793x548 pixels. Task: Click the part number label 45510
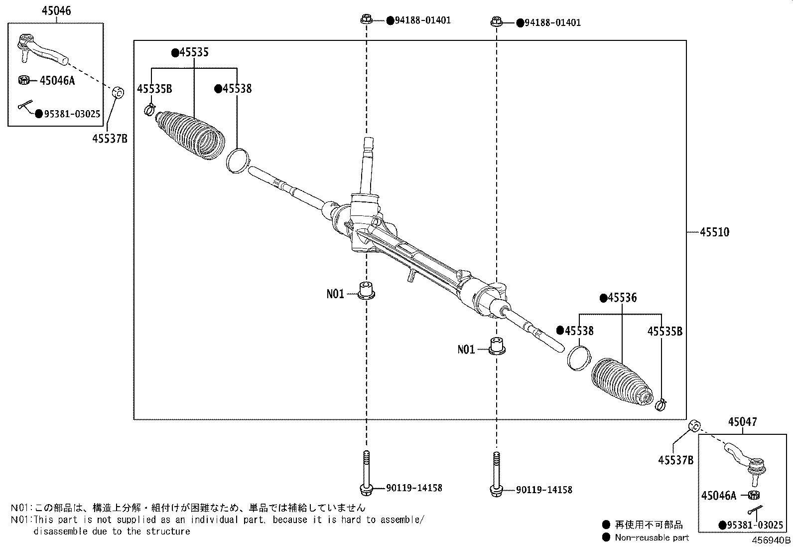(x=715, y=232)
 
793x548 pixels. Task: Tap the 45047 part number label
(x=742, y=422)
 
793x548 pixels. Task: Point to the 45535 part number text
(x=194, y=52)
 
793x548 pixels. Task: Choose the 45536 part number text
(x=622, y=298)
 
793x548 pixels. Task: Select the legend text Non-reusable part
(x=652, y=538)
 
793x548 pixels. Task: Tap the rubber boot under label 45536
(x=621, y=381)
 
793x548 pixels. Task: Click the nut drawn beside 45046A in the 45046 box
(x=23, y=80)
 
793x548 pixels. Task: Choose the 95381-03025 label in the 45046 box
(x=72, y=114)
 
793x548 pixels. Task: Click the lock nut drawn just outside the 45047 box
(x=694, y=426)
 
